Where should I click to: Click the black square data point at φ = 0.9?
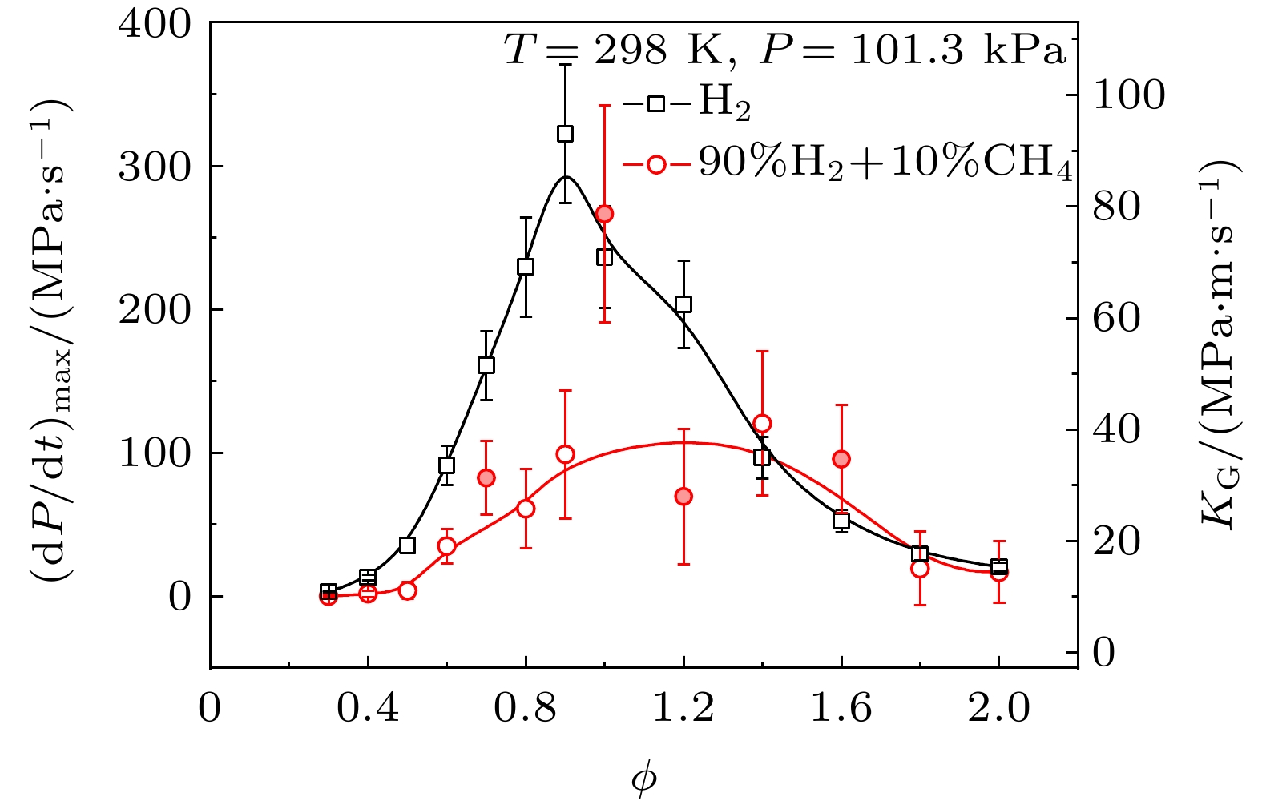tap(565, 134)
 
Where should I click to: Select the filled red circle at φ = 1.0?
tap(604, 214)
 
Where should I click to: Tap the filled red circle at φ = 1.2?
tap(683, 497)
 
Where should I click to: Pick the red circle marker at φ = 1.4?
tap(762, 424)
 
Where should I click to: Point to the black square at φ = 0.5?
tap(407, 545)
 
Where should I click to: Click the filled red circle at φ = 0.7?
tap(486, 478)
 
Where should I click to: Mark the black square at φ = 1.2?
tap(683, 304)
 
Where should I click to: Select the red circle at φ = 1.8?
tap(920, 569)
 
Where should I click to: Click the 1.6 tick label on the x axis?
tap(841, 708)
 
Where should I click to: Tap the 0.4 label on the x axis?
tap(368, 708)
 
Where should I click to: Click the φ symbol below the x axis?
tap(643, 779)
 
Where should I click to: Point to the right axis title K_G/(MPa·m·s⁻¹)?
tap(1220, 344)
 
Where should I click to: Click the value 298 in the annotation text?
tap(630, 51)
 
